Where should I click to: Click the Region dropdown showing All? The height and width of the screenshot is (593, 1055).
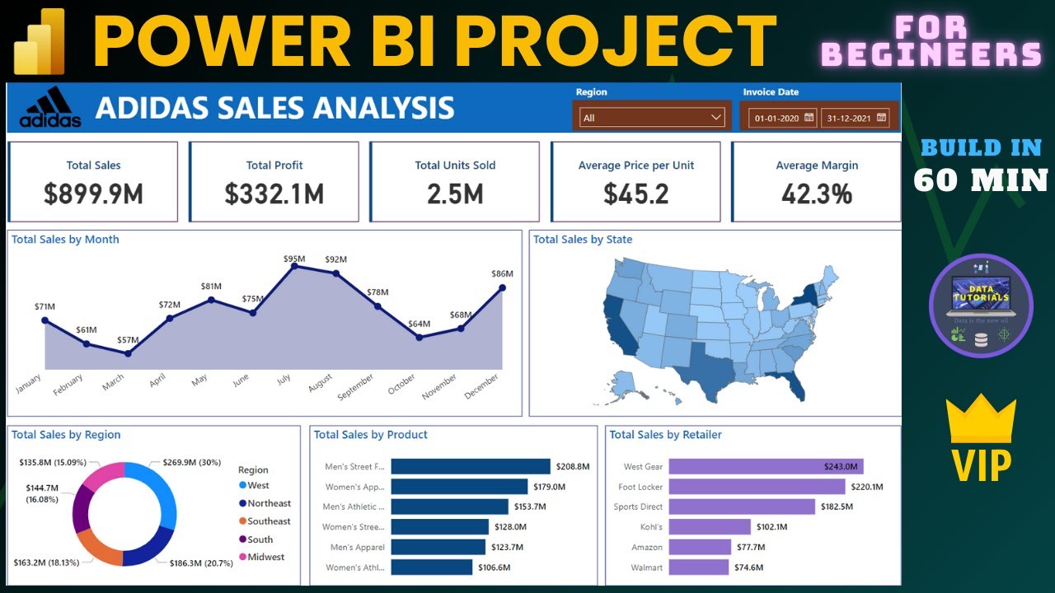tap(651, 118)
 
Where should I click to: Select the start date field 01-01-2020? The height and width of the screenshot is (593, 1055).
tap(777, 119)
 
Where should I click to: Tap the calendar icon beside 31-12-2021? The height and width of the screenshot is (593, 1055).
tap(883, 118)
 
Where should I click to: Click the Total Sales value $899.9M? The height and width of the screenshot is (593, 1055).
tap(93, 194)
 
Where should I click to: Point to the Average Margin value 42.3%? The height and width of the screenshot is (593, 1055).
tap(816, 194)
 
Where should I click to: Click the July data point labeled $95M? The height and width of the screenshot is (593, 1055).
tap(294, 266)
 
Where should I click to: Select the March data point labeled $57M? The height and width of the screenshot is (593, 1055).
tap(128, 353)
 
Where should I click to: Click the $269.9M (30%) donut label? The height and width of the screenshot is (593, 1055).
tap(191, 463)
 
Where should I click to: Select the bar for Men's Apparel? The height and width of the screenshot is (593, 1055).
tap(438, 547)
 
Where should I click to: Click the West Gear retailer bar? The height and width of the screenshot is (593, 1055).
tap(765, 466)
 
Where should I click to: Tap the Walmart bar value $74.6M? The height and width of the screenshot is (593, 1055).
tap(748, 567)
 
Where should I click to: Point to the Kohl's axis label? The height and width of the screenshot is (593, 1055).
tap(651, 527)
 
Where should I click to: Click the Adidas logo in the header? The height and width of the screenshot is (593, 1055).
tap(50, 108)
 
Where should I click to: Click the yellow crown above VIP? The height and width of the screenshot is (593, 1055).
tap(981, 418)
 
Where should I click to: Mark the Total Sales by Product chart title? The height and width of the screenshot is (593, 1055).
tap(371, 435)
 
